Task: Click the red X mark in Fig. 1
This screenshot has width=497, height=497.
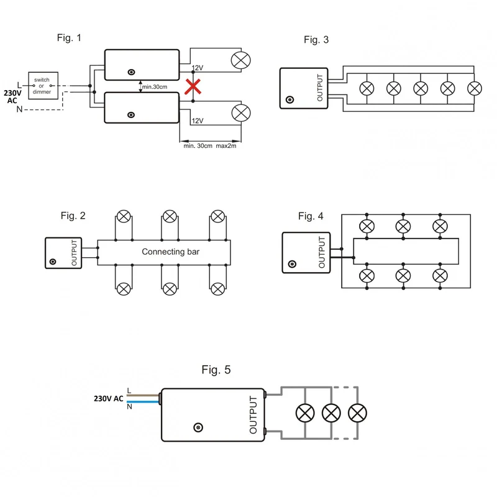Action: (193, 86)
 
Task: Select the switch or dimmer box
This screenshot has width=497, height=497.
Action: (43, 86)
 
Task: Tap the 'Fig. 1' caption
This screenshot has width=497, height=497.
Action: (69, 38)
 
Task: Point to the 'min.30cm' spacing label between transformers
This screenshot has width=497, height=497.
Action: (154, 87)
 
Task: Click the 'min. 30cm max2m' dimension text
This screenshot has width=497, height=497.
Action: (210, 146)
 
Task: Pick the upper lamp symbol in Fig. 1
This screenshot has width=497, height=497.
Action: (241, 60)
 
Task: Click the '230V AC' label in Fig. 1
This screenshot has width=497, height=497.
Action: (12, 97)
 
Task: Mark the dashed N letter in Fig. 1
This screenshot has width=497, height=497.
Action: (19, 109)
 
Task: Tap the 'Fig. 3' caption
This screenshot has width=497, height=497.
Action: (316, 40)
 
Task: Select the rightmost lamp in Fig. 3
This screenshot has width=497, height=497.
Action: (475, 88)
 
